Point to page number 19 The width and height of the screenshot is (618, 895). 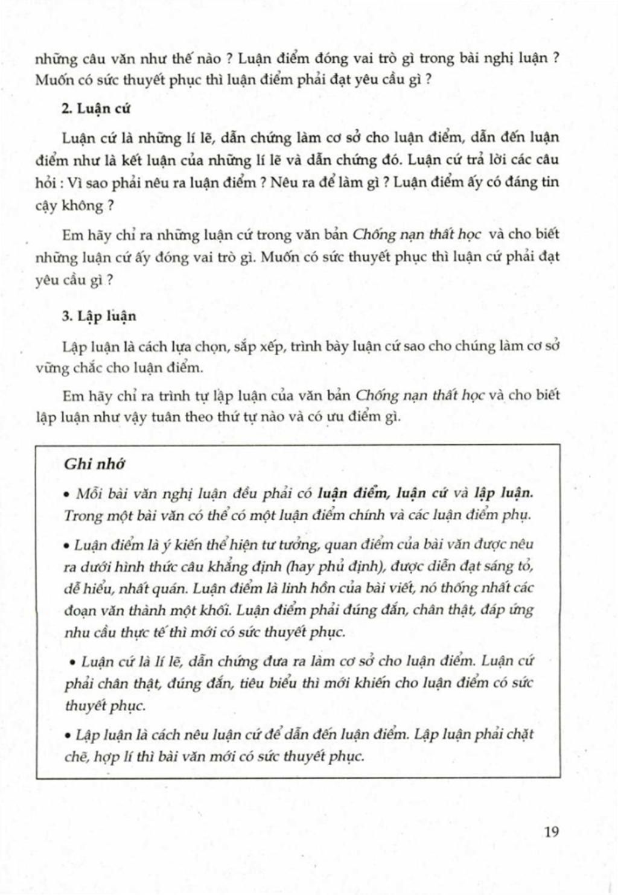point(551,832)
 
